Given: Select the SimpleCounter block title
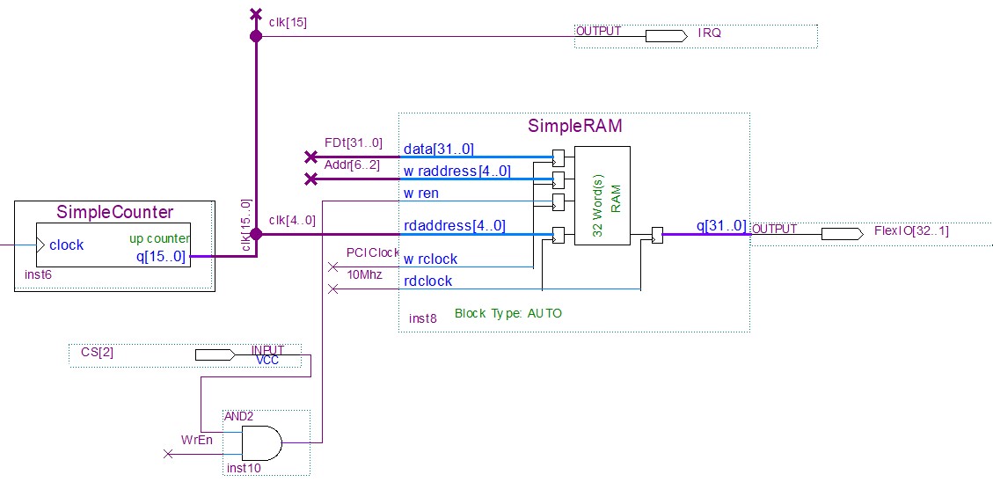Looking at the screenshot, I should tap(114, 213).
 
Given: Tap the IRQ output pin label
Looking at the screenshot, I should tap(709, 33).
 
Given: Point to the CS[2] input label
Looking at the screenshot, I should tap(97, 353).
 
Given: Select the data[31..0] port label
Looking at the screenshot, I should tap(438, 149).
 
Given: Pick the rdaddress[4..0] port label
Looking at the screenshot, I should tap(454, 226).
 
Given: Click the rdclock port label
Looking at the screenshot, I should tap(427, 281).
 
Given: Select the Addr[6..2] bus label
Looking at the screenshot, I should tap(353, 165).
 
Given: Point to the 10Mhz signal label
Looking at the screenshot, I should tap(365, 275).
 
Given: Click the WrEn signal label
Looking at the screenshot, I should tap(198, 440).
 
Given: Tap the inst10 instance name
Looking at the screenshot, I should tap(244, 468).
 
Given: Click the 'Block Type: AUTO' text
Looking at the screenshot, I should tap(507, 313).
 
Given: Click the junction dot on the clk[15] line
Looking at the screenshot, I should tap(256, 36).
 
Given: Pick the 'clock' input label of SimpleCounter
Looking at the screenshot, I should tap(67, 245).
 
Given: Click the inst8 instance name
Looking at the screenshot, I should tap(422, 318).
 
